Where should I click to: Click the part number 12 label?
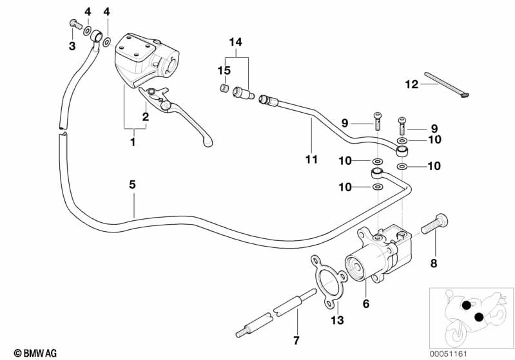[412, 83]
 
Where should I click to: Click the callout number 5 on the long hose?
[132, 184]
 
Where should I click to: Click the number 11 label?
[311, 158]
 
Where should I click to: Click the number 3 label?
[72, 46]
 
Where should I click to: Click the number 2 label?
[146, 117]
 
